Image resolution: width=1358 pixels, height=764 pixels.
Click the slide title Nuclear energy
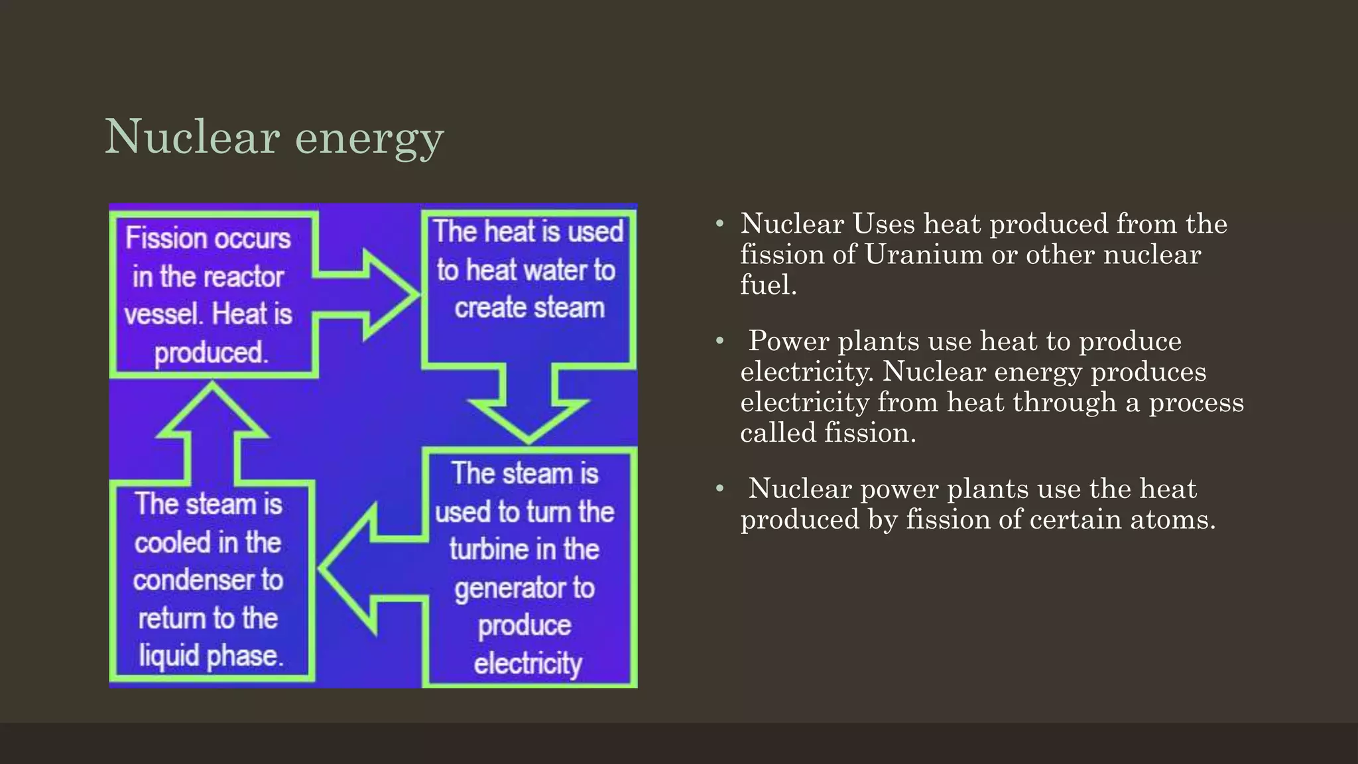[274, 137]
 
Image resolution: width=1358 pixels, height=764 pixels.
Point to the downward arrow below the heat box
[528, 405]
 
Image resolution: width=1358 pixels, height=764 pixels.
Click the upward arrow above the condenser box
[212, 431]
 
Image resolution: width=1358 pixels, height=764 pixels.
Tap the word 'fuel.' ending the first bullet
[769, 285]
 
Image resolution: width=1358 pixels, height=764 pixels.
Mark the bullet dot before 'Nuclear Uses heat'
[720, 224]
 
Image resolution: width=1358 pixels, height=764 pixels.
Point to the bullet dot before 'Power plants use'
[720, 342]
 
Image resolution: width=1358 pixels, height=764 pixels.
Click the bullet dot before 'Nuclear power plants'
[720, 489]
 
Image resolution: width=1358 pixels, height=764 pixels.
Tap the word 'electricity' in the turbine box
[528, 663]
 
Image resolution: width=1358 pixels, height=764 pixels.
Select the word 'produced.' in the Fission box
[211, 353]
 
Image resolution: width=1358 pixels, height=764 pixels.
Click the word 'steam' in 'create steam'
[569, 308]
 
